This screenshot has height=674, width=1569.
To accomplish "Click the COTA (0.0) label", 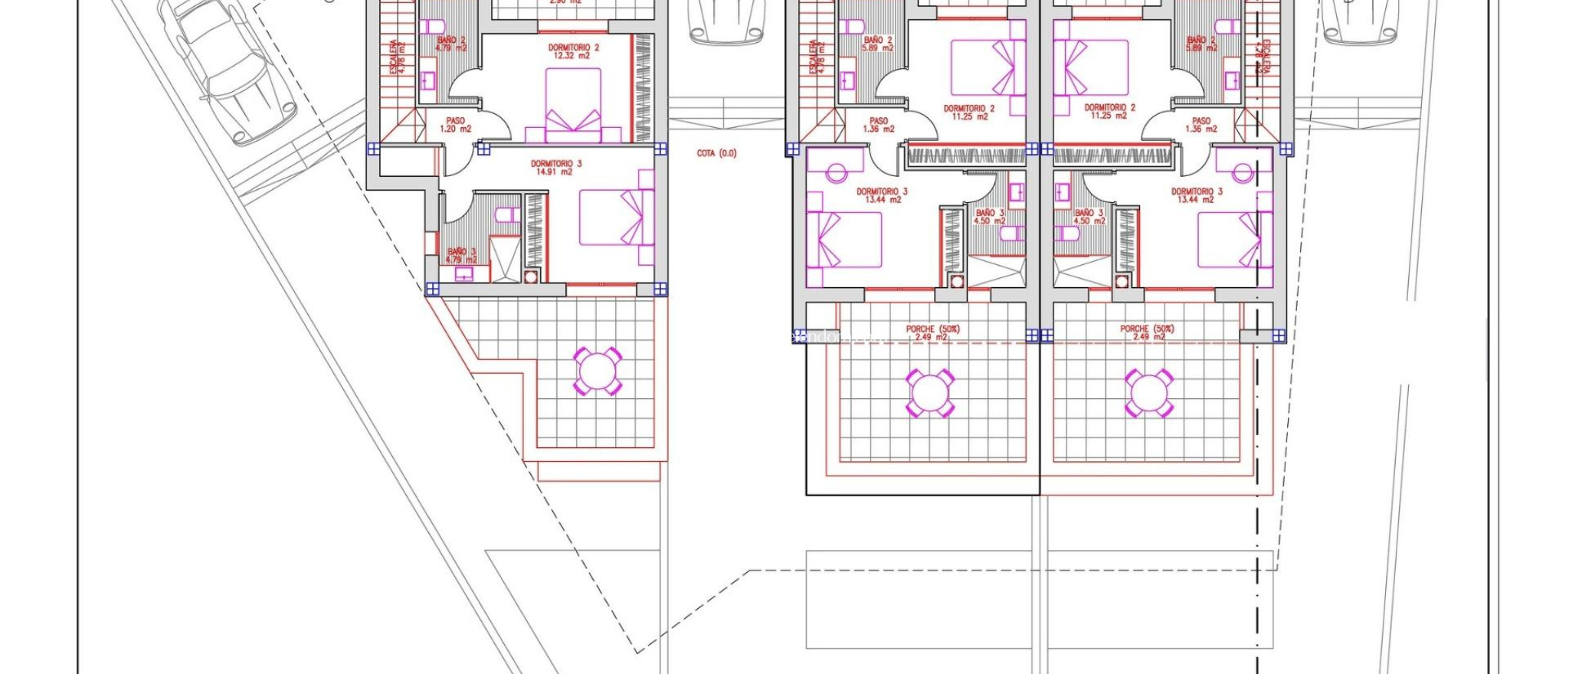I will pos(716,153).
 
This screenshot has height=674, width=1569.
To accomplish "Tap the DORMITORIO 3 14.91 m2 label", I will pos(555,168).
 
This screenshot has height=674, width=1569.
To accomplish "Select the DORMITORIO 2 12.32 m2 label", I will pos(573,51).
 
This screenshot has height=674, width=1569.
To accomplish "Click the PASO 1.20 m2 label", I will pos(455,125).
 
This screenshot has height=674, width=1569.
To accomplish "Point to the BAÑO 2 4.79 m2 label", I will pos(450,44).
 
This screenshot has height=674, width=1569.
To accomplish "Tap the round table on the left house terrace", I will pos(598,371).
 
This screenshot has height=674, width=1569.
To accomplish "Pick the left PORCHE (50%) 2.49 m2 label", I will pos(932,332).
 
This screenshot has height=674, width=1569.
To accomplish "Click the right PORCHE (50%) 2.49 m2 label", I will pos(1146,332).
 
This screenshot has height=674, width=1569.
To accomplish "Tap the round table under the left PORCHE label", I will pos(930,393).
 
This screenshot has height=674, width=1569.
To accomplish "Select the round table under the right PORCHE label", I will pos(1148,392).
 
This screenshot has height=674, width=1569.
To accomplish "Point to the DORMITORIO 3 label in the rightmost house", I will pos(1196,195).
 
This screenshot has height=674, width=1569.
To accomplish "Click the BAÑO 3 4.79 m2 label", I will pos(461,255).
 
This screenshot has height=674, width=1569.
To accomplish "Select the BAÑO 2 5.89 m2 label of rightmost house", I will pos(1200,44).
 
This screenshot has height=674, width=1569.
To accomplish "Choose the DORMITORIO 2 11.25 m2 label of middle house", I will pos(969,113).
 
